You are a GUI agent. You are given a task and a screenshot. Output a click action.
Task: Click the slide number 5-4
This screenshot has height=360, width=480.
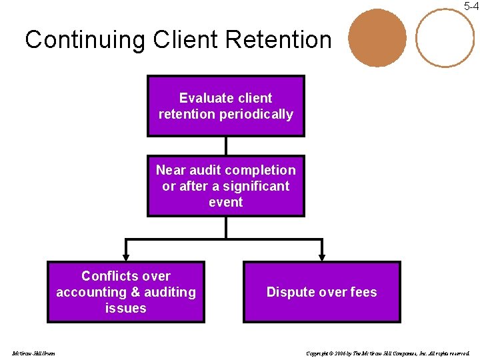point(471,6)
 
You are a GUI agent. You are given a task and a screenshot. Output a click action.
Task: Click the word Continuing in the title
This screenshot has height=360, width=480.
point(85,40)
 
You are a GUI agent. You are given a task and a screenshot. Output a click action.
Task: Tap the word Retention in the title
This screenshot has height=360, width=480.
point(278,40)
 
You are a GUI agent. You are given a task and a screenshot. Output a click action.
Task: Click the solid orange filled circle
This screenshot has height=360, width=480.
point(377,38)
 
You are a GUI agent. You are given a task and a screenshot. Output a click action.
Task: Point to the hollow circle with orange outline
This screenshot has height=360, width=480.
point(445,38)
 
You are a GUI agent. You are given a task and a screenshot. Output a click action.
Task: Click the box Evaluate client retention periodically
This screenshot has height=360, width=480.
point(225,106)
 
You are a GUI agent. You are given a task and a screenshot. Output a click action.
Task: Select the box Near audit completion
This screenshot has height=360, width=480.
point(225,186)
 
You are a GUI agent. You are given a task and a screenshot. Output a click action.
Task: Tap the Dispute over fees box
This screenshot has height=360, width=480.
point(321,292)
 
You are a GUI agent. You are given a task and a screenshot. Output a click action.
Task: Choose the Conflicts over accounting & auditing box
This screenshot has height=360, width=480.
point(125,292)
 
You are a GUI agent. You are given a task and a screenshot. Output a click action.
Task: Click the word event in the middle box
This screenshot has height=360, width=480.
point(225,202)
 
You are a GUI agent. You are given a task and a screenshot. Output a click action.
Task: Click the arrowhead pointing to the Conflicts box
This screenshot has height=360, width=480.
point(125,256)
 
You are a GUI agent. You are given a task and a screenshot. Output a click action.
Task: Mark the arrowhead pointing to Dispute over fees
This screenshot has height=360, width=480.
point(321,256)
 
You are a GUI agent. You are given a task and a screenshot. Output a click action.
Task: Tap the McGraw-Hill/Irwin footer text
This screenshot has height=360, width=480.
point(33,353)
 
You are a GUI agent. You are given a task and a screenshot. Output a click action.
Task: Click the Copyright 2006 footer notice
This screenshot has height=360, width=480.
point(387,353)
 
